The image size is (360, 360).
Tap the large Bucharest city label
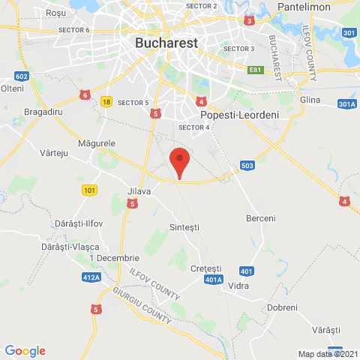[166, 43]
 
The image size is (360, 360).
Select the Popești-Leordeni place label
[229, 115]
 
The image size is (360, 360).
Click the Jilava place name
[139, 191]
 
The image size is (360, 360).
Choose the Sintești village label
[184, 226]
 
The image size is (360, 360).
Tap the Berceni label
[261, 218]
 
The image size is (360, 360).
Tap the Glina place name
[309, 99]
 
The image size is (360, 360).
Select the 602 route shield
[21, 76]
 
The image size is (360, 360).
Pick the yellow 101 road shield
[89, 190]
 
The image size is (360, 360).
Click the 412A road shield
[91, 277]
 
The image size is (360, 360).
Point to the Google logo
[25, 351]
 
